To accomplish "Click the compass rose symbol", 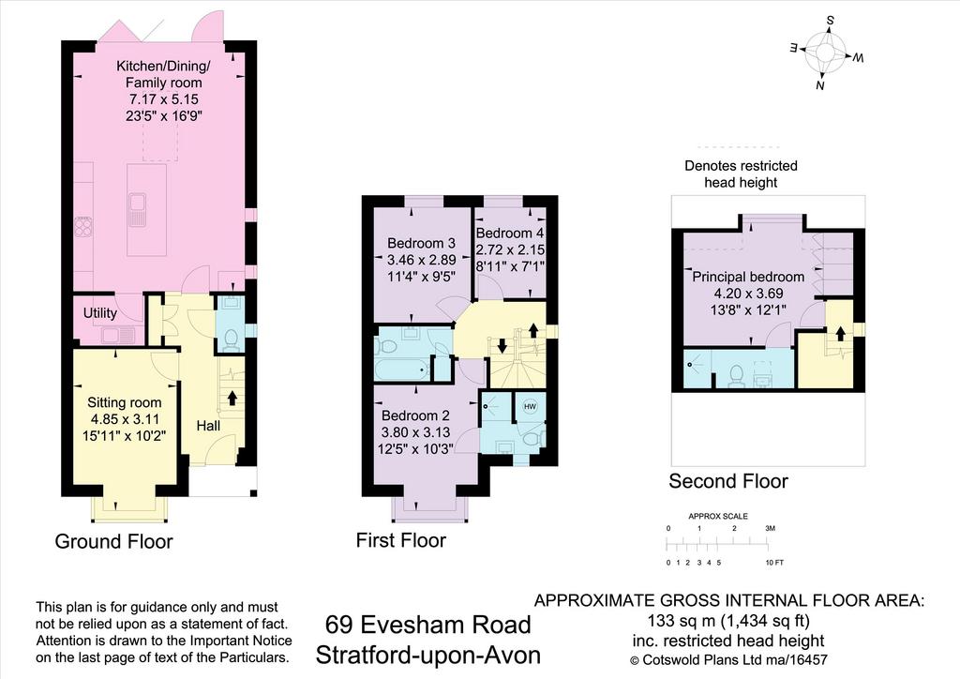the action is click(826, 53).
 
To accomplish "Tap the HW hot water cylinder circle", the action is click(530, 406).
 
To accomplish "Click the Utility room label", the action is click(99, 313).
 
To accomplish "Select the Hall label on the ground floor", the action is click(208, 426).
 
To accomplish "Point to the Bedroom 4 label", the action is click(509, 234).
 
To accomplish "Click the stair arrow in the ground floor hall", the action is click(232, 398).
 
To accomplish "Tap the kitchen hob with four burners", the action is click(83, 227).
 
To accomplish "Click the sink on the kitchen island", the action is click(138, 209).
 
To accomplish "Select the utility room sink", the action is click(118, 335).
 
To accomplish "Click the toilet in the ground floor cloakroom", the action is click(232, 339).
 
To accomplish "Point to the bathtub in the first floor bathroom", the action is click(401, 370).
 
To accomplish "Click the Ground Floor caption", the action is click(113, 541).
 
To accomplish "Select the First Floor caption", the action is click(401, 540).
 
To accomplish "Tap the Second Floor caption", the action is click(727, 481).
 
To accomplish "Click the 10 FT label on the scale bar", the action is click(774, 562).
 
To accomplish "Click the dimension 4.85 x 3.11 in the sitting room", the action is click(125, 419).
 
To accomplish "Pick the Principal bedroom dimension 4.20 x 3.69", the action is click(748, 294).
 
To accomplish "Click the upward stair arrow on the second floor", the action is click(841, 334).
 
